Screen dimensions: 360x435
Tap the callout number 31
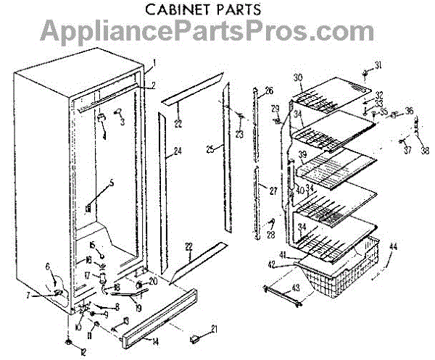click(378, 67)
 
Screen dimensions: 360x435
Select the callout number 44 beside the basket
click(394, 247)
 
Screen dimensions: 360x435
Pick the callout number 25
click(210, 148)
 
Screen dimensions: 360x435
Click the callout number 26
click(269, 91)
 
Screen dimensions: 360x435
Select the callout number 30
click(298, 78)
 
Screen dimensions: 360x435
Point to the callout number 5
click(111, 183)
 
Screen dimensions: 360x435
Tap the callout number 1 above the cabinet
click(154, 63)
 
